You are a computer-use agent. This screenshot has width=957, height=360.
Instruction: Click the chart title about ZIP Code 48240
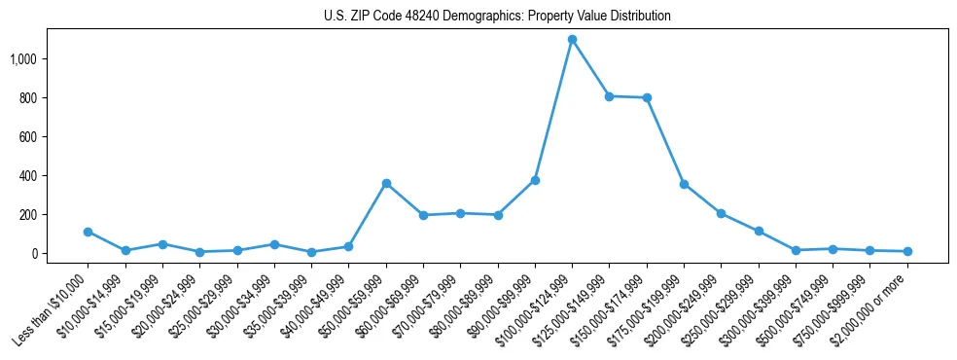[x=497, y=16]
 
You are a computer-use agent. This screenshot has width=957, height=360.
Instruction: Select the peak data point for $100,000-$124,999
[x=572, y=40]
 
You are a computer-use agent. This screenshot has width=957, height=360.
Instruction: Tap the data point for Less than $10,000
[x=88, y=232]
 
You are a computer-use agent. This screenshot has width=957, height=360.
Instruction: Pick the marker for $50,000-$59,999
[x=386, y=183]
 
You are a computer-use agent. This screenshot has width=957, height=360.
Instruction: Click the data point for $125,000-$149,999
[x=609, y=96]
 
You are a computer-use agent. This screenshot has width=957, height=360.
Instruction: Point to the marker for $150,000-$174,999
[x=647, y=98]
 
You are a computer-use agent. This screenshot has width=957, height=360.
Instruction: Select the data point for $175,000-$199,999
[x=684, y=184]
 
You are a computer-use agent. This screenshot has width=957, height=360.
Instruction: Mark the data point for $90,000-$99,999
[x=535, y=180]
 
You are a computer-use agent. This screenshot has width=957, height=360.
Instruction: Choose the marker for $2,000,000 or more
[x=907, y=251]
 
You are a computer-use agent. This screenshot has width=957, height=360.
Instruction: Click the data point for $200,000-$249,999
[x=721, y=213]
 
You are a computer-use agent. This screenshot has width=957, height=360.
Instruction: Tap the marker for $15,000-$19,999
[x=162, y=244]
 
